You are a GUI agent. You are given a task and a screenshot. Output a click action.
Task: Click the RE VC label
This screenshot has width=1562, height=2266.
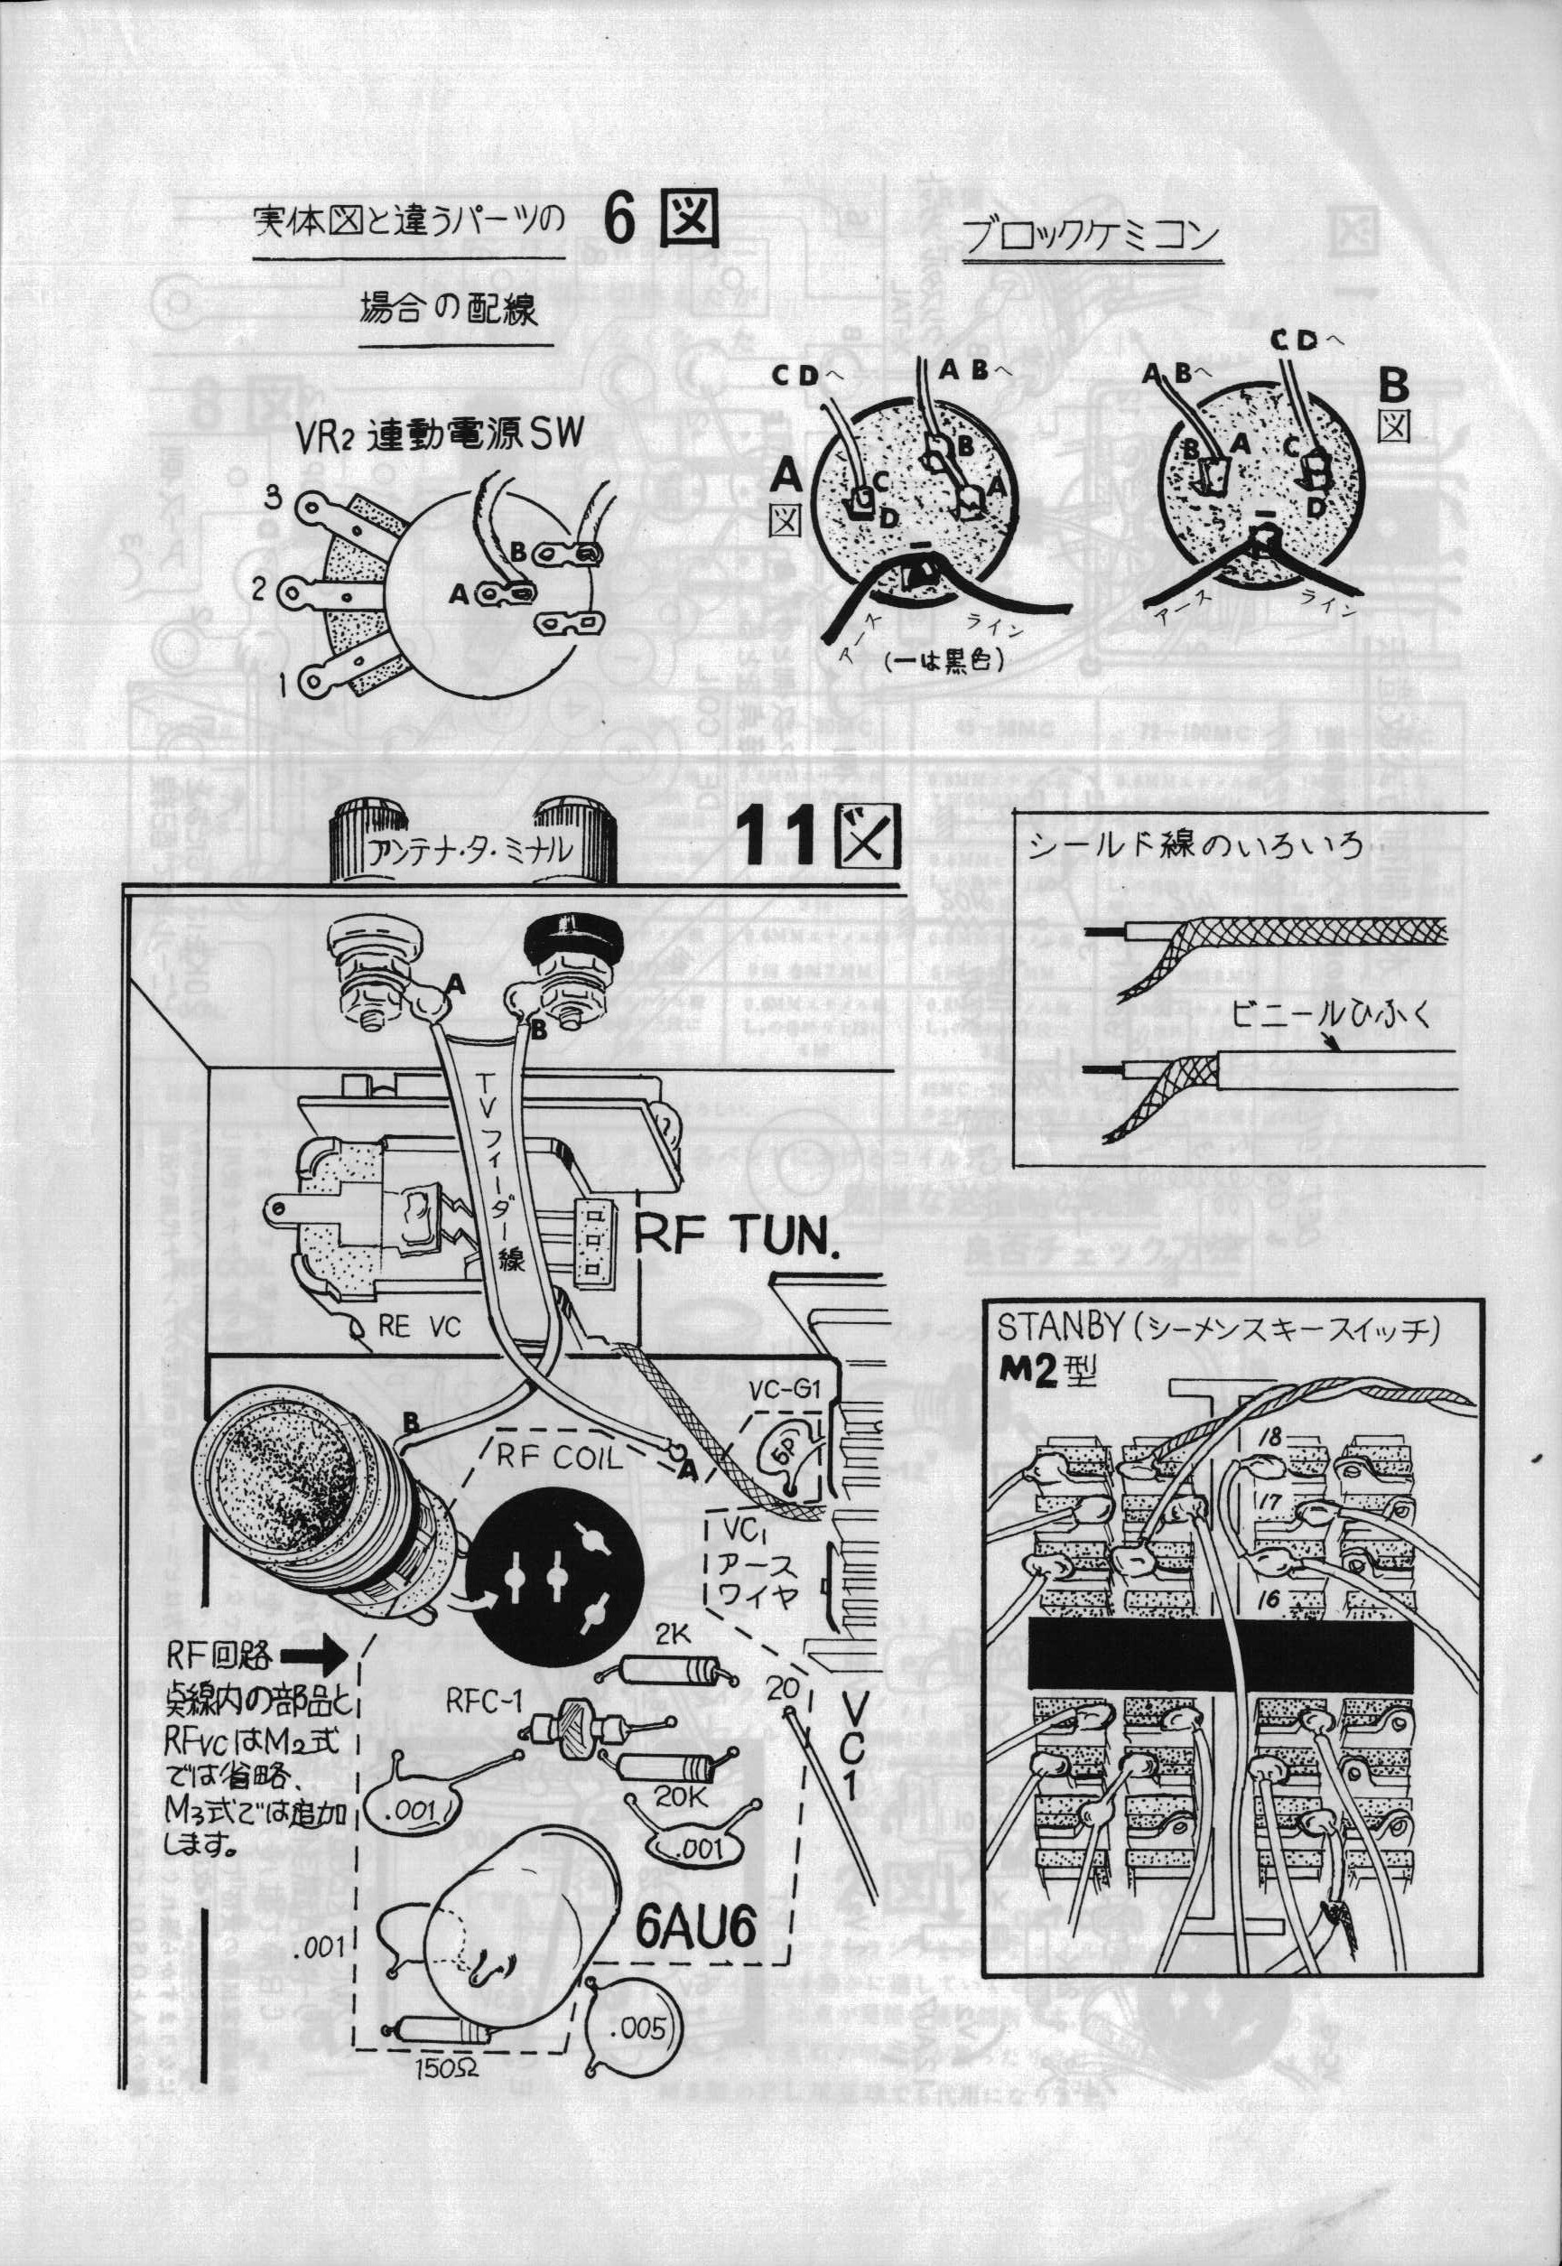pyautogui.click(x=419, y=1328)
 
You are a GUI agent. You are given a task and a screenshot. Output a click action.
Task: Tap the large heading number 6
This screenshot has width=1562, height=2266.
pyautogui.click(x=619, y=221)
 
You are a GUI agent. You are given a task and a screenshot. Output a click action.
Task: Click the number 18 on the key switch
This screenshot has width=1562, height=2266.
pyautogui.click(x=1270, y=1437)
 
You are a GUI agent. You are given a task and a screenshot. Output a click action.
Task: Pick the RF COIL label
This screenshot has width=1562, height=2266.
pyautogui.click(x=558, y=1457)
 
